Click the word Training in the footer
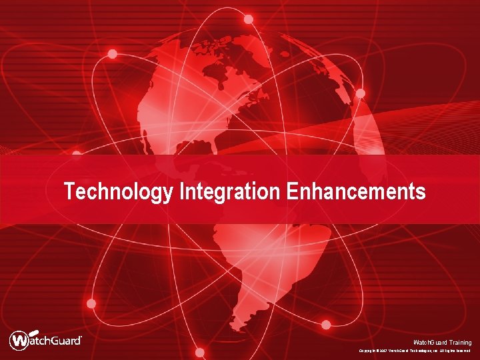(457, 342)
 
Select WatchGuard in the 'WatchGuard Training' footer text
(427, 342)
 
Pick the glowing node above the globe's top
(248, 19)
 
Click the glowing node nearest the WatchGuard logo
(91, 303)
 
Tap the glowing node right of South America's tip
(326, 325)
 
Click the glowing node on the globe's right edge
(360, 93)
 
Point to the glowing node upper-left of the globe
(113, 54)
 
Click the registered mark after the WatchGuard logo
(81, 337)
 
